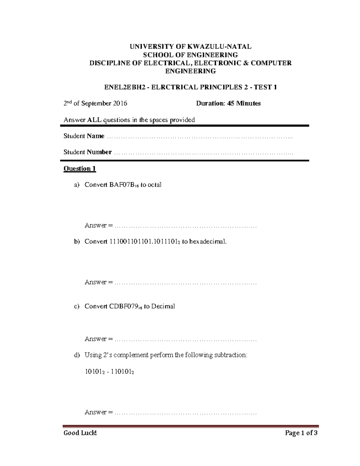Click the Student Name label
click(84, 136)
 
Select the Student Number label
click(87, 152)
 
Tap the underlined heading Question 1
click(79, 169)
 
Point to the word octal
click(154, 185)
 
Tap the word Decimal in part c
click(163, 306)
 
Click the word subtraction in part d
click(229, 355)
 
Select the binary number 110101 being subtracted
click(122, 371)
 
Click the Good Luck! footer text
click(80, 433)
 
